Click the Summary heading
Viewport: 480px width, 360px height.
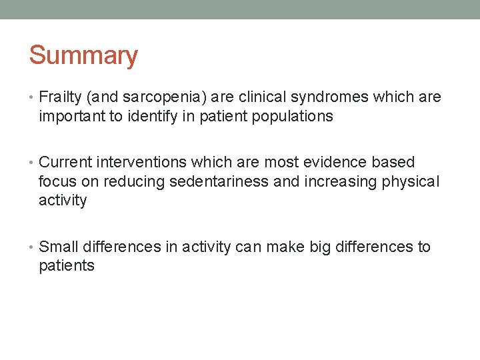[83, 55]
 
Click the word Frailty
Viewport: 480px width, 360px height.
[61, 97]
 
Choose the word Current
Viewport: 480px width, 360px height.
[65, 163]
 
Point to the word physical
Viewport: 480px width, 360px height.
[411, 181]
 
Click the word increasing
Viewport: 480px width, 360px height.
[342, 181]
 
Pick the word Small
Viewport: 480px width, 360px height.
[58, 247]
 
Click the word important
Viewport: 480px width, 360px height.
[69, 116]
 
